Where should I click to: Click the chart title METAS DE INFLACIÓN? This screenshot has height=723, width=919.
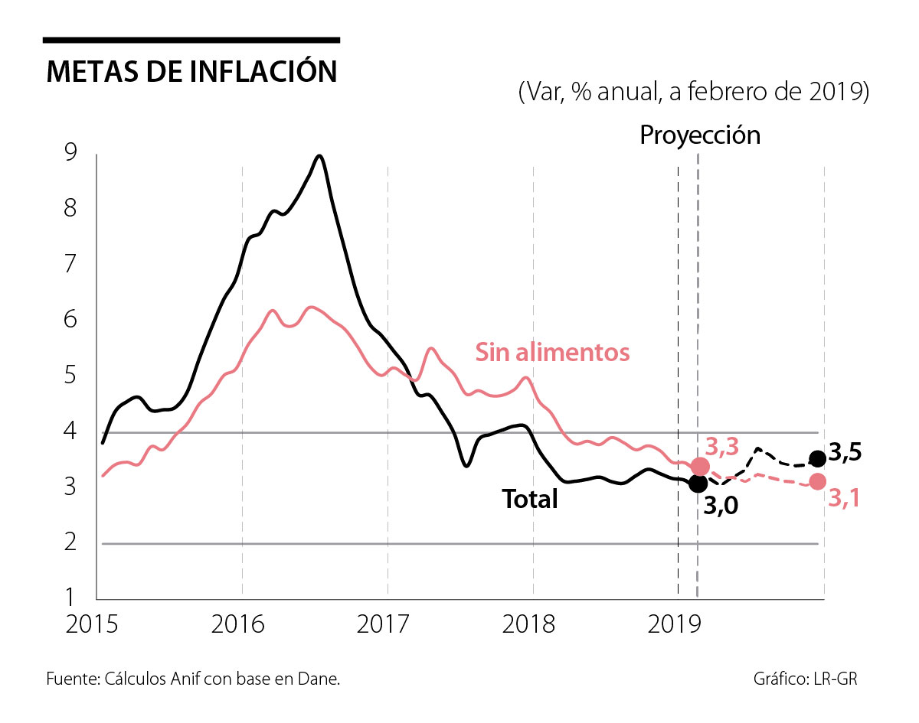click(x=191, y=71)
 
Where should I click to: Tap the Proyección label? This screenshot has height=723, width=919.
click(x=700, y=135)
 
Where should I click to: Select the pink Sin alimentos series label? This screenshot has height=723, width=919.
click(x=552, y=352)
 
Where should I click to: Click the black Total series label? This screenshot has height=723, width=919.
click(x=529, y=499)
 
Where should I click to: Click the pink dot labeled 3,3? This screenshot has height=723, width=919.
click(x=700, y=467)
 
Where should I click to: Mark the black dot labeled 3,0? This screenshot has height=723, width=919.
click(x=698, y=484)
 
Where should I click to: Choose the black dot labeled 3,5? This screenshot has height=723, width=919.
click(x=818, y=458)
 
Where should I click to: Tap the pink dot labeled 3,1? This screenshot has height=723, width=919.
click(x=818, y=481)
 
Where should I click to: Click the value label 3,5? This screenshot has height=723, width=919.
click(x=845, y=452)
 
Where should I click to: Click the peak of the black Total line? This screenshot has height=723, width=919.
click(x=319, y=156)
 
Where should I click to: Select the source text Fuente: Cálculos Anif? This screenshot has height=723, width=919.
click(x=192, y=679)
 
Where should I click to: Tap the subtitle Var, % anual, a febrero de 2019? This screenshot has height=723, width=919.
click(x=694, y=92)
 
